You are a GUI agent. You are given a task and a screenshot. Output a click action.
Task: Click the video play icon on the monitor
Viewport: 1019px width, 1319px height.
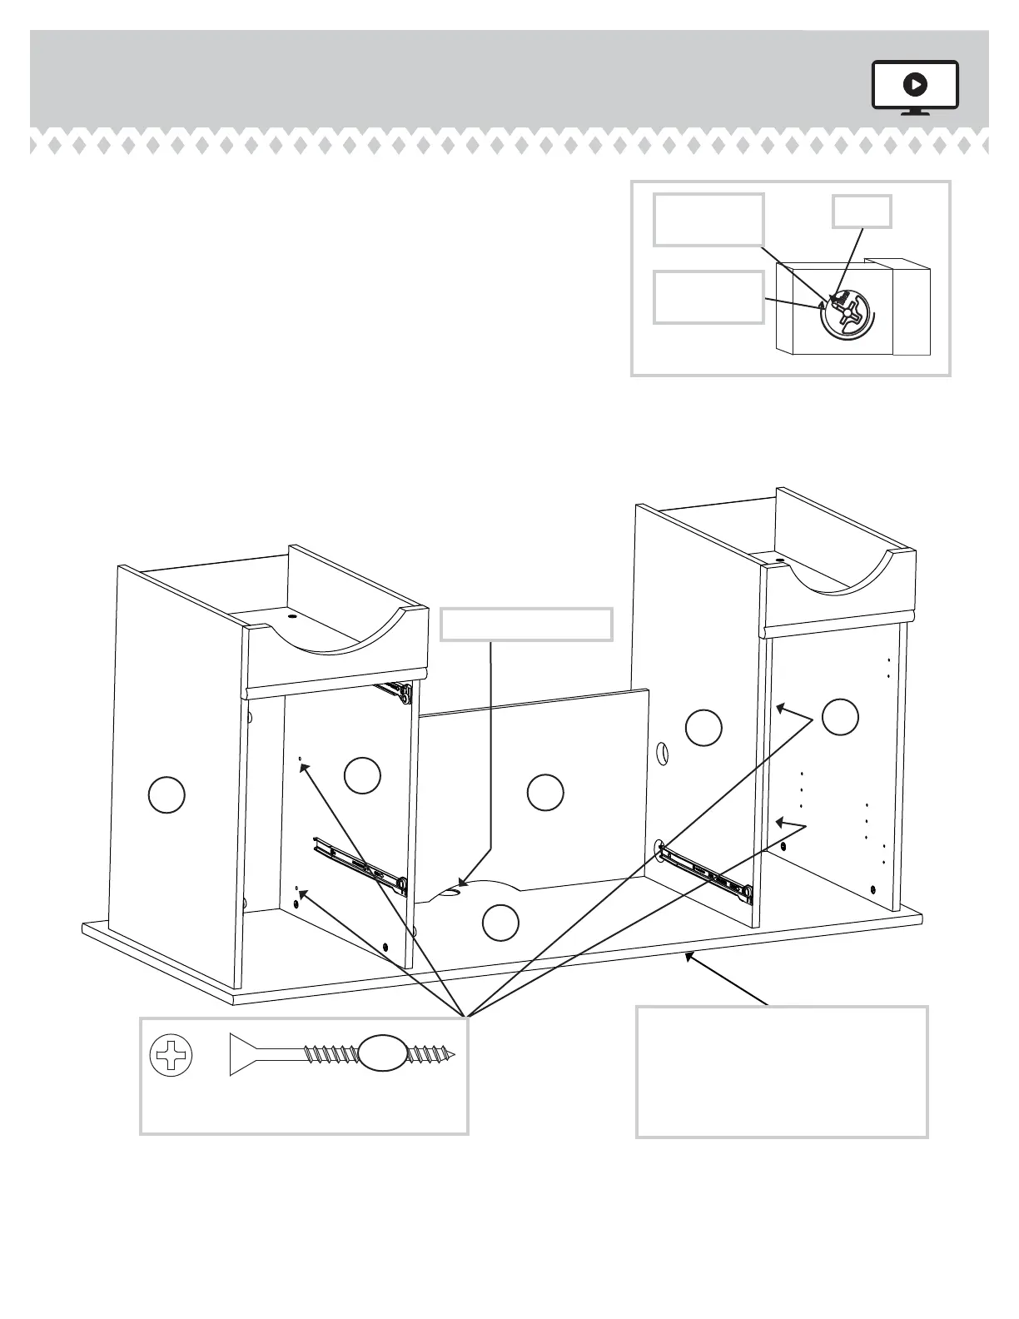tap(915, 84)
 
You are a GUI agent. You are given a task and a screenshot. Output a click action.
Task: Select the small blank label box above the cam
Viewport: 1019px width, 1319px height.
tap(862, 212)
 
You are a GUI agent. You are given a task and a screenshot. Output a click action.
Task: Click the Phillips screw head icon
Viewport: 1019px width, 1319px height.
tap(171, 1056)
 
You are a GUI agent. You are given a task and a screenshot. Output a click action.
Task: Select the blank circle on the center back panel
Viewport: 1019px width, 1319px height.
tap(545, 792)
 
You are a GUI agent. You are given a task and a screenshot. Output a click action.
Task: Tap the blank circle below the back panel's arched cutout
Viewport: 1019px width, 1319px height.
tap(500, 923)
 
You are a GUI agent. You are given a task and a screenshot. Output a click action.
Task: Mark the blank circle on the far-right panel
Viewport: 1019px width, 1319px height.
tap(840, 717)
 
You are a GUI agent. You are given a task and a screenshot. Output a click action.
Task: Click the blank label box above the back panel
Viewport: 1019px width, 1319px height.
tap(526, 625)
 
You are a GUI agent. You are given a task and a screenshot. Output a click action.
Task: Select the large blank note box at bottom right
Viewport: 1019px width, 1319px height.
tap(782, 1072)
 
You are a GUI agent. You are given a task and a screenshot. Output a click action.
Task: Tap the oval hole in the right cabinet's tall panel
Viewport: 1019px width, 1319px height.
tap(663, 754)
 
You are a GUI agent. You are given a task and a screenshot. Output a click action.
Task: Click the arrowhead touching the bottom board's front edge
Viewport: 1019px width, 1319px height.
tap(688, 957)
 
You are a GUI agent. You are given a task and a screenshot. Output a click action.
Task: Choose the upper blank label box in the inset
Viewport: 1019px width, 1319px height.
tap(708, 220)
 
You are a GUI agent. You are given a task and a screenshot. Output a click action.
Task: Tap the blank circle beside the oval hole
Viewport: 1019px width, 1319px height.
tap(703, 728)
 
